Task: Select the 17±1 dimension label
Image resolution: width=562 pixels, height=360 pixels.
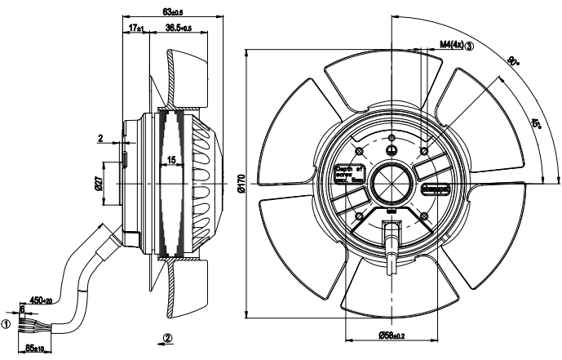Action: click(x=135, y=29)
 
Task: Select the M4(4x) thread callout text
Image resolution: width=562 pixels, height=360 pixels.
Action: click(x=451, y=46)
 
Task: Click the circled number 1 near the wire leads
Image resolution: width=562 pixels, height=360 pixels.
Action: click(x=7, y=324)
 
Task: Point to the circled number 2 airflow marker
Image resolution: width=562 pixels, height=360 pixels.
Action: click(x=166, y=338)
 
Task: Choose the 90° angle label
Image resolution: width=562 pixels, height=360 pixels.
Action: click(x=512, y=61)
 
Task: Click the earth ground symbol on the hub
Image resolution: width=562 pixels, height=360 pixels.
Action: click(x=391, y=149)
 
